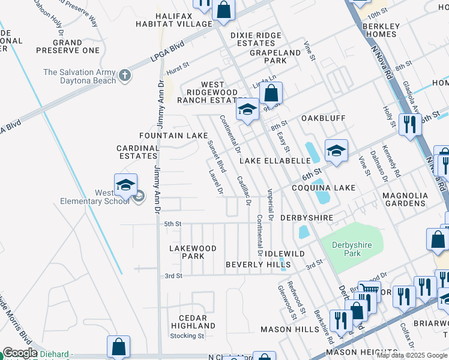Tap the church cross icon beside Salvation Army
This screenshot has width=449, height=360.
[125, 76]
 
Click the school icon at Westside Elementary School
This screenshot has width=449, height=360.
[125, 185]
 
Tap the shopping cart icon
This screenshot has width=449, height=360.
[369, 291]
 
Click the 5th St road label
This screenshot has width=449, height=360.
[173, 224]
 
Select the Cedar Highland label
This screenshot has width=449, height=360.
[189, 322]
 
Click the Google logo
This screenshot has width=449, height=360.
[20, 353]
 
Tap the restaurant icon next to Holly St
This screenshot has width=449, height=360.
[410, 125]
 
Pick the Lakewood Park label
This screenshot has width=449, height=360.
[192, 252]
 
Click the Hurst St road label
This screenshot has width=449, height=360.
[177, 71]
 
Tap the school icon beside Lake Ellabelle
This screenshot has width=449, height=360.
[336, 151]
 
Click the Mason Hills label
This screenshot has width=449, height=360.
[286, 329]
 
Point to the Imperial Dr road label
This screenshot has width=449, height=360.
[270, 205]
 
